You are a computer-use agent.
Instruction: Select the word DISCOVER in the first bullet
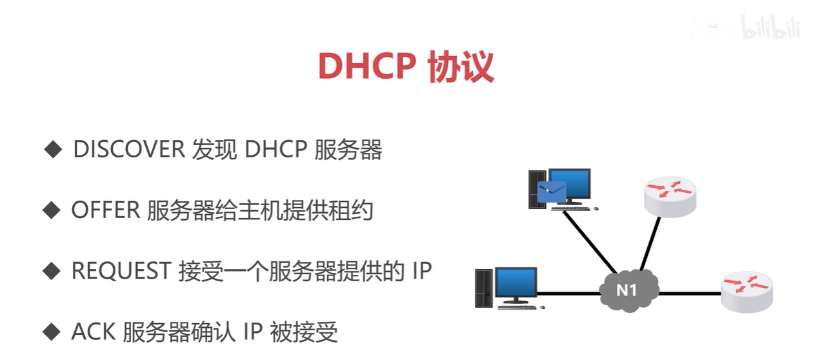coord(128,150)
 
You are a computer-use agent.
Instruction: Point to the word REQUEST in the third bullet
coord(121,271)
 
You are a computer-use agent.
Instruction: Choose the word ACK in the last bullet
coord(92,332)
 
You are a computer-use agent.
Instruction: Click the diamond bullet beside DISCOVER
coord(52,150)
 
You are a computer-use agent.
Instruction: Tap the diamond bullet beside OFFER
coord(51,211)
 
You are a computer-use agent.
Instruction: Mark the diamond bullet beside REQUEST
coord(51,272)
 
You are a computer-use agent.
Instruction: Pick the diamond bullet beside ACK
coord(51,332)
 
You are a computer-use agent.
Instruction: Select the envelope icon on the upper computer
coord(552,192)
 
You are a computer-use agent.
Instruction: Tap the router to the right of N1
coord(747,290)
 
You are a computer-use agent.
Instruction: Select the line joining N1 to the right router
coord(689,294)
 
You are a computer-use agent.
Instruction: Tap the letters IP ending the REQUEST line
coord(421,271)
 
